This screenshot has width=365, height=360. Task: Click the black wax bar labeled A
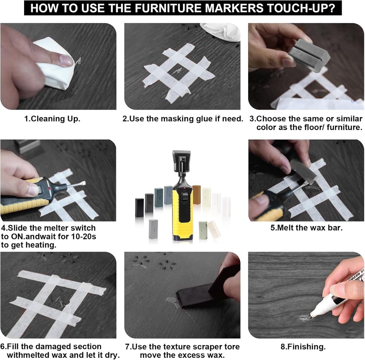[x=139, y=208]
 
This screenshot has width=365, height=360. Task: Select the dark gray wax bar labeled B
[x=149, y=203]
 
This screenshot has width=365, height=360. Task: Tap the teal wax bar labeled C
[x=159, y=197]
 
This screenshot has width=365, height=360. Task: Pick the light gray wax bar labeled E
[x=153, y=229]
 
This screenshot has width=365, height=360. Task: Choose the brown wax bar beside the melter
[x=197, y=195]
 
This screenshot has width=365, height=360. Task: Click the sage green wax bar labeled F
[x=203, y=230]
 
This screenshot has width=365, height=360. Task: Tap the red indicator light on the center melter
[x=184, y=188]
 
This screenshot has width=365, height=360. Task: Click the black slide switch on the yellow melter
[x=185, y=198]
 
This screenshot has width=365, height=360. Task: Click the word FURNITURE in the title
[x=168, y=8]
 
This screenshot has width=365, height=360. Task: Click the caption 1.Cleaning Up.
[x=52, y=119]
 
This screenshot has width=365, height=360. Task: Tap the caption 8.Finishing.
[x=303, y=347]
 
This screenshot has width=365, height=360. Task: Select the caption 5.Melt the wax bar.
[x=307, y=228]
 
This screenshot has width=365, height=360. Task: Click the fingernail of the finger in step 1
[x=66, y=60]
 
